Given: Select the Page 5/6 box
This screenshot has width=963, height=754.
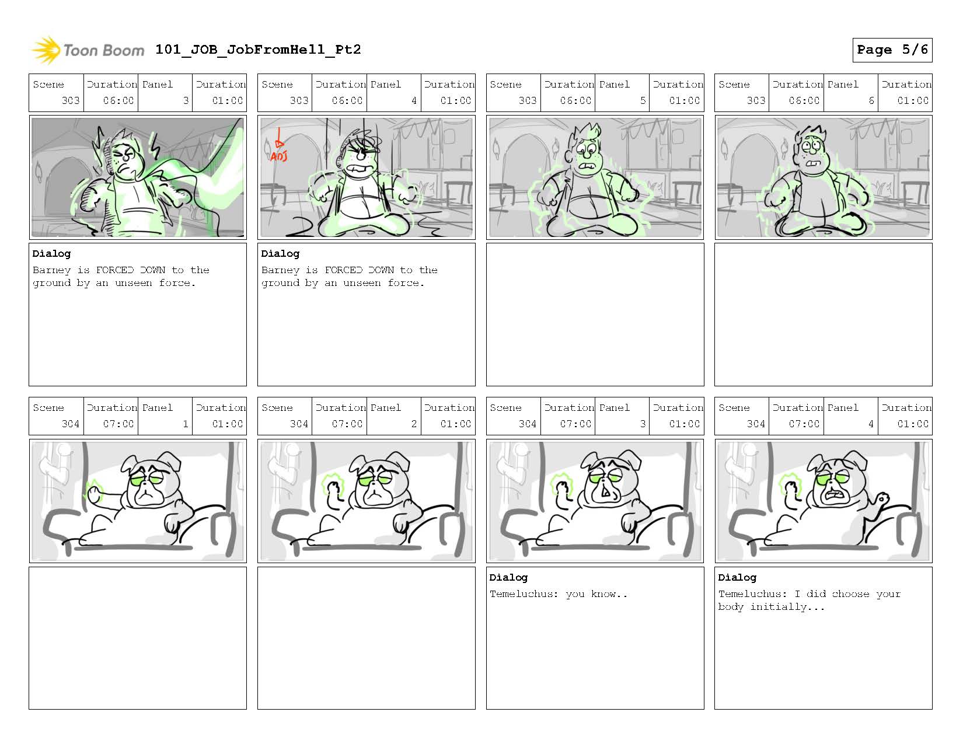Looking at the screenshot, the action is (x=892, y=50).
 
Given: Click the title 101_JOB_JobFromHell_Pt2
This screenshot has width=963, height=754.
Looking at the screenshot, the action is (x=258, y=49).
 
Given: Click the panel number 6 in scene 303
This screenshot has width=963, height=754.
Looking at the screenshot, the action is (x=871, y=100).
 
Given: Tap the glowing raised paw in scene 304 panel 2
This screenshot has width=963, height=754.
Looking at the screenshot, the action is (x=332, y=487).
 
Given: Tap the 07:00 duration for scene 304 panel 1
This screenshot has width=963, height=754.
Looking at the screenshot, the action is (x=118, y=424).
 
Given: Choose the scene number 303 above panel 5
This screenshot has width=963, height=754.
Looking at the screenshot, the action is (x=528, y=100).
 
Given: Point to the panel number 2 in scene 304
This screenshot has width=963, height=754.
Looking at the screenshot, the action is (x=414, y=424).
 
